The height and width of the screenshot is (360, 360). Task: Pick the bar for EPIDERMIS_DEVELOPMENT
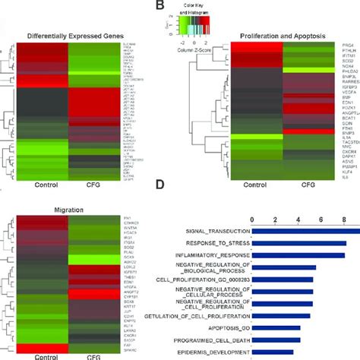(x=273, y=352)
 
